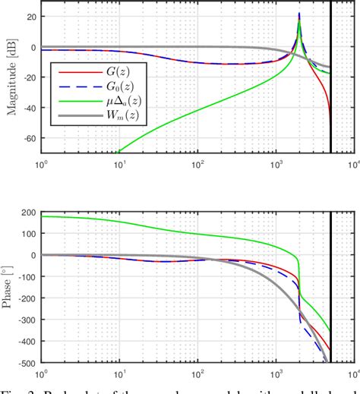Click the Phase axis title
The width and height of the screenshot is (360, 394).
10,289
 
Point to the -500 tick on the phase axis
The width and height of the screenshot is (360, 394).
26,363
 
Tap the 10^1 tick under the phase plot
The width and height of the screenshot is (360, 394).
118,374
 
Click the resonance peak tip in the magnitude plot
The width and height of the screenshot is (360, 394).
299,13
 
